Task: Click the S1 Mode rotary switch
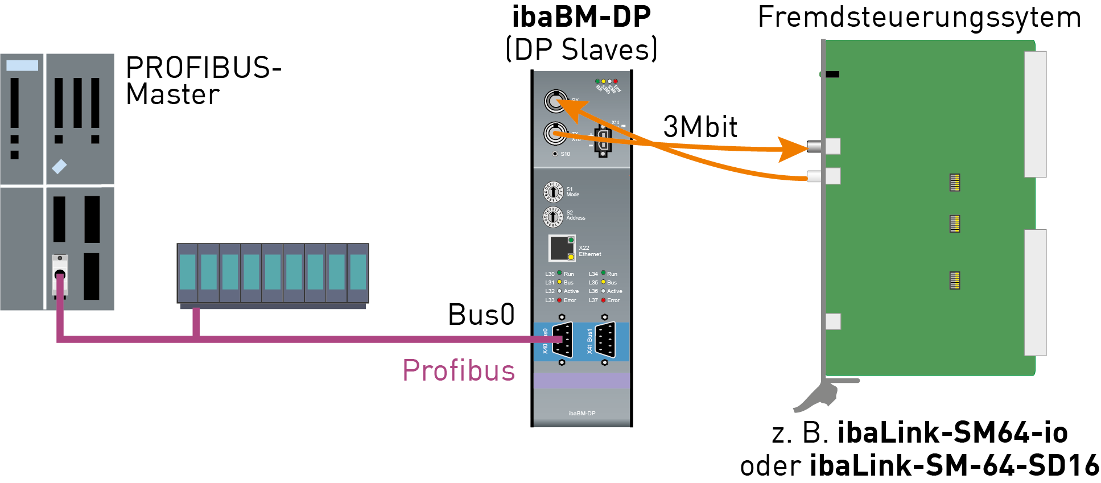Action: (553, 192)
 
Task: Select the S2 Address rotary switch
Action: (553, 216)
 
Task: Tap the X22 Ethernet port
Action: (562, 248)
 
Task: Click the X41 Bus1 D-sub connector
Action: (605, 340)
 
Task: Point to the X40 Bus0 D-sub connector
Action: (563, 340)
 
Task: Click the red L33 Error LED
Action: (559, 300)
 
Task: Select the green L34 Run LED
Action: (603, 273)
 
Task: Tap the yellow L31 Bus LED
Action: (559, 282)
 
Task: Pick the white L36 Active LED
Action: (603, 291)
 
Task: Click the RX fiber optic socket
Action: (555, 101)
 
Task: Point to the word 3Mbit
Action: (700, 127)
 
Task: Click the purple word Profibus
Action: (459, 370)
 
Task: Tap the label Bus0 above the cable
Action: (481, 315)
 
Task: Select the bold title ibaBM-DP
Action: (582, 17)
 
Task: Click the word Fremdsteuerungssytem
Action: (919, 17)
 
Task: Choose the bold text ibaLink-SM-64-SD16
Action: (955, 465)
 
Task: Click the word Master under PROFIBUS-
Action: (173, 94)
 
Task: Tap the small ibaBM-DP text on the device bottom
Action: (582, 414)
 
